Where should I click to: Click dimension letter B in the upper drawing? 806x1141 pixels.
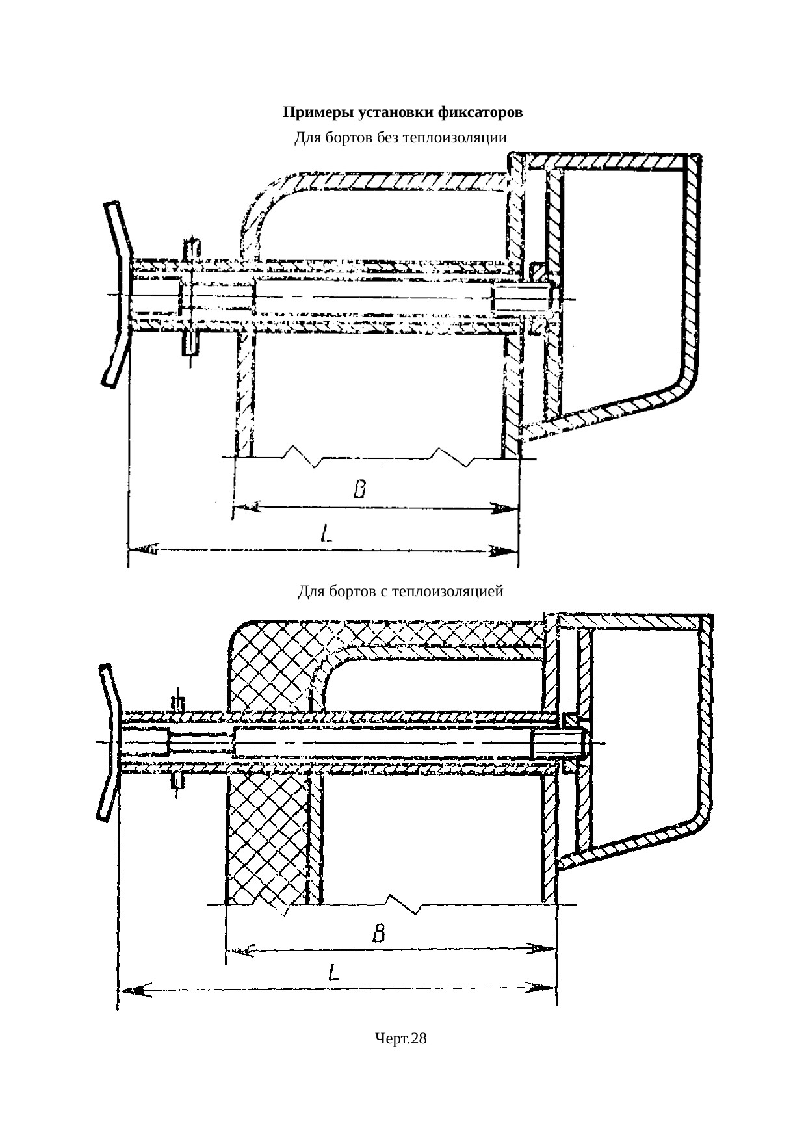pos(359,488)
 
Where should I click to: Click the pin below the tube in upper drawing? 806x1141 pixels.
pos(190,343)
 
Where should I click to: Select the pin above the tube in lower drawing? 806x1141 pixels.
pos(177,703)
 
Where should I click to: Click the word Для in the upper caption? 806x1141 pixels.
pos(305,138)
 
